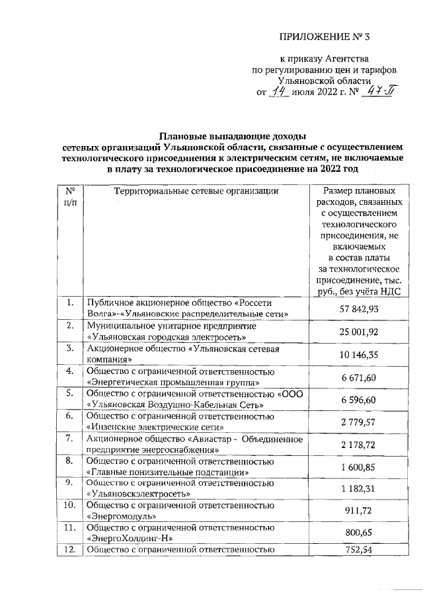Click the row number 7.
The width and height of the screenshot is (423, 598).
click(x=69, y=439)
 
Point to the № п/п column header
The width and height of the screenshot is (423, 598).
click(x=69, y=197)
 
